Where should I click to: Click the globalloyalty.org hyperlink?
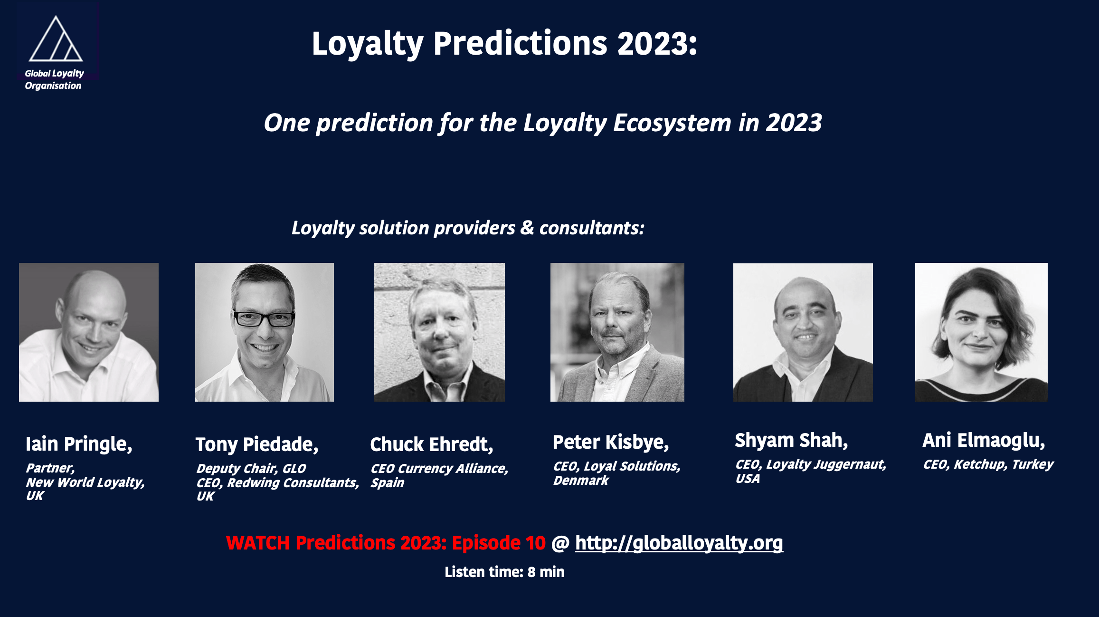click(x=679, y=543)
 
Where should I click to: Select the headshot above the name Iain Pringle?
click(x=89, y=332)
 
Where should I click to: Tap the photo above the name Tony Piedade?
click(x=265, y=332)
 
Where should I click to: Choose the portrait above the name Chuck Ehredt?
click(x=439, y=332)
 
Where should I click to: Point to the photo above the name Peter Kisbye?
click(x=617, y=332)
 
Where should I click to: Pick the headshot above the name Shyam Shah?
click(x=803, y=332)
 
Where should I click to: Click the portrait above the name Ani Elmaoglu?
click(x=981, y=332)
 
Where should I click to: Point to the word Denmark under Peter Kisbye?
click(x=580, y=481)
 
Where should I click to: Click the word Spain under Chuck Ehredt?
click(x=387, y=483)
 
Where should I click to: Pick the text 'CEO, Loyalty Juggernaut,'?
click(x=811, y=464)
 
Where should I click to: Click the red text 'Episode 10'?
click(x=499, y=543)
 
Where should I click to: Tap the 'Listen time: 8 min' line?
click(x=504, y=572)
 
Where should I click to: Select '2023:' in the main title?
click(x=657, y=43)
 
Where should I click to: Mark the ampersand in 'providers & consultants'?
click(x=527, y=228)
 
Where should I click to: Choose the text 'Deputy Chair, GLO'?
click(x=251, y=469)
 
